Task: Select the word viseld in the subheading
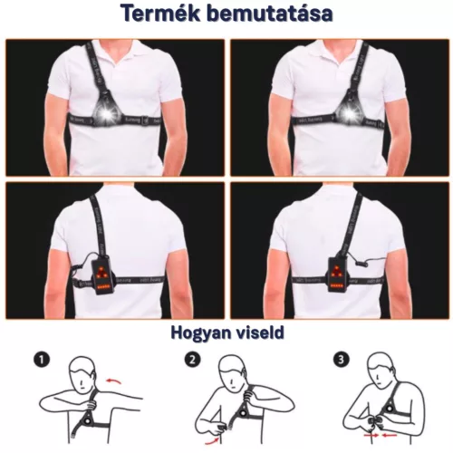click(259, 333)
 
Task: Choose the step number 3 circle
click(340, 359)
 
